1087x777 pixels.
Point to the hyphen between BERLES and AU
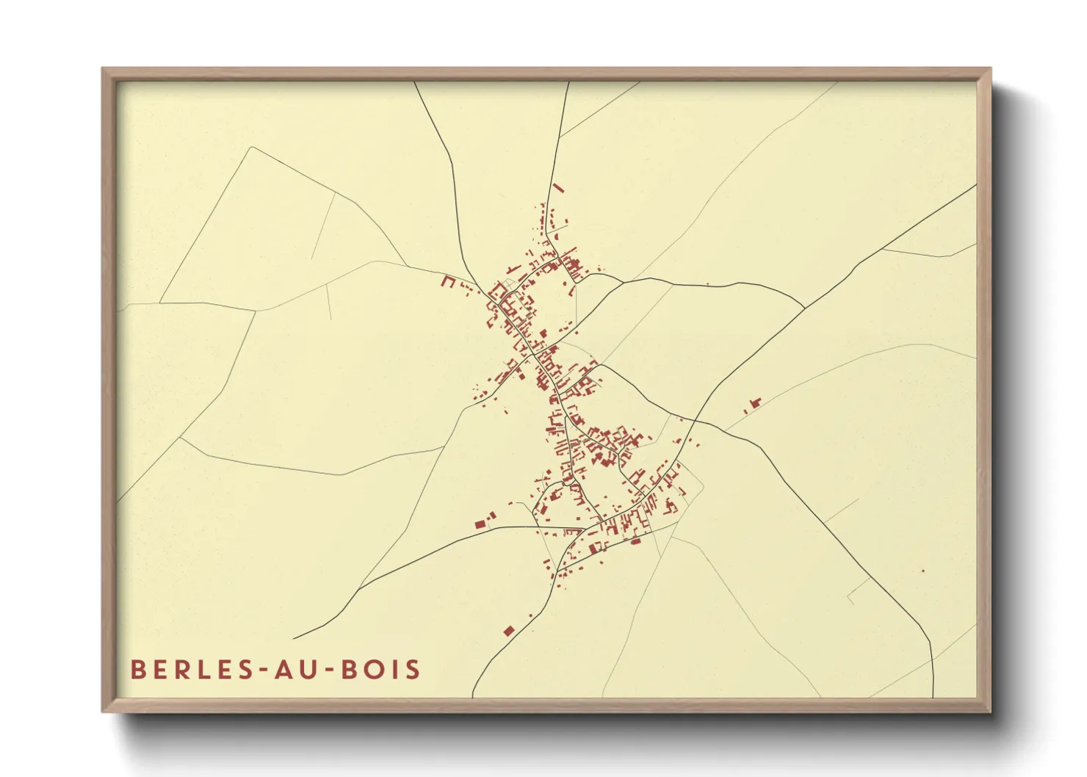(261, 671)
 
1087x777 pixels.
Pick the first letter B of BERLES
(137, 669)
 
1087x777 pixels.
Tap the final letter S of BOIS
(414, 669)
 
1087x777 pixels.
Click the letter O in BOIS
(371, 669)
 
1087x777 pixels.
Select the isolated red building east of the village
(753, 403)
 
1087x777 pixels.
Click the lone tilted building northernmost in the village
(558, 188)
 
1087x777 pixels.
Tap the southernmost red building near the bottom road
(508, 630)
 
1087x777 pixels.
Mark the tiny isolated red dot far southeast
(923, 571)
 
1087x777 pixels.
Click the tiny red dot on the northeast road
(707, 283)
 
